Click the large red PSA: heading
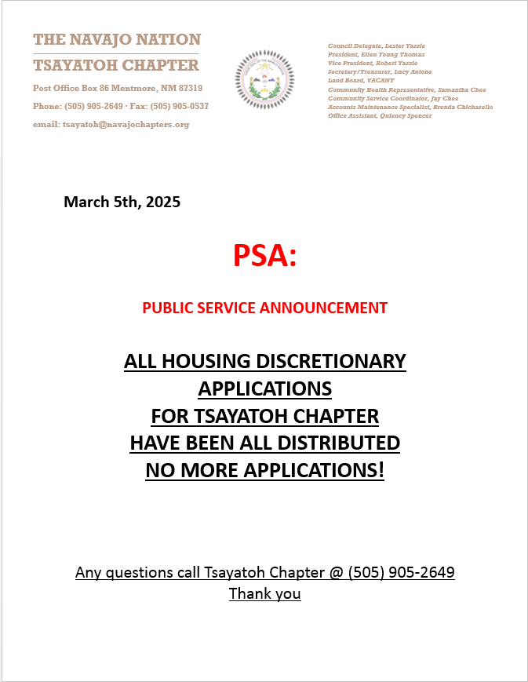[x=264, y=256]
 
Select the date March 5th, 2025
[x=122, y=202]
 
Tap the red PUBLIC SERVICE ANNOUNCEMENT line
[x=264, y=308]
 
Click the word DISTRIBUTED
[x=333, y=443]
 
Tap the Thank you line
[x=264, y=593]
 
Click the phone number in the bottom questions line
[x=401, y=572]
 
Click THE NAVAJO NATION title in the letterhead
[x=117, y=39]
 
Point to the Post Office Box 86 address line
[x=118, y=88]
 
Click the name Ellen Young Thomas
[x=392, y=55]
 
